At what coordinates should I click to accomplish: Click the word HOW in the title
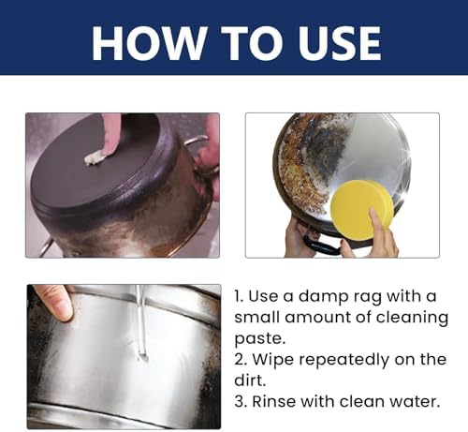tap(145, 43)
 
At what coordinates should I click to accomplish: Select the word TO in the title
tap(248, 43)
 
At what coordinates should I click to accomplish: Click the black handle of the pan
tap(321, 245)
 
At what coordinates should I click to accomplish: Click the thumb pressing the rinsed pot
tap(55, 303)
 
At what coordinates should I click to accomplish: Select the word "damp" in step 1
tap(323, 297)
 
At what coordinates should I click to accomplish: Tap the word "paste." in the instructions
tap(260, 339)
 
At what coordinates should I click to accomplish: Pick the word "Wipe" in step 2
tap(273, 360)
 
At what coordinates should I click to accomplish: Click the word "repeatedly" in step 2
tap(344, 360)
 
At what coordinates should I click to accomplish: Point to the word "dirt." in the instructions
tap(250, 380)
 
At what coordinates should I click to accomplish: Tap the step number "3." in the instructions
tap(241, 401)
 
